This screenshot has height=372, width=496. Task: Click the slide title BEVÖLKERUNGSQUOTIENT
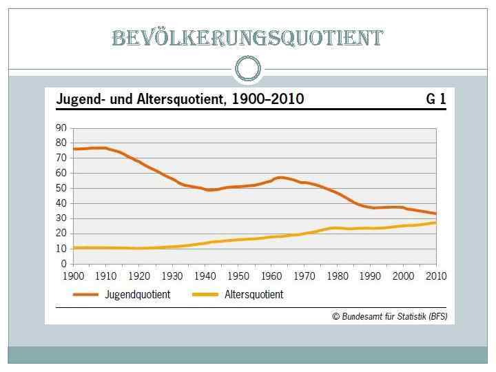coord(247,38)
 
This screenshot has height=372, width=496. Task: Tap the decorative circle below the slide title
coord(248,68)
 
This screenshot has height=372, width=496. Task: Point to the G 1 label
coord(435,99)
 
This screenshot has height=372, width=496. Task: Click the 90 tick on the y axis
coord(61,128)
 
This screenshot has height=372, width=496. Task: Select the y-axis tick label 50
coord(61,188)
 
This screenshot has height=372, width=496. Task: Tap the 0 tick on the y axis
coord(64,264)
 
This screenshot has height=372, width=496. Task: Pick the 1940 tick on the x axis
coord(204,276)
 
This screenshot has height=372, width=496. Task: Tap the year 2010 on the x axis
coord(435,276)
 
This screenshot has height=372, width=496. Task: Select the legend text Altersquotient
coord(253,294)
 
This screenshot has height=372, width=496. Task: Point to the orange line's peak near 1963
coord(280,178)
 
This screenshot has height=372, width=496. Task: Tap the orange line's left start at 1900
coord(74,149)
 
